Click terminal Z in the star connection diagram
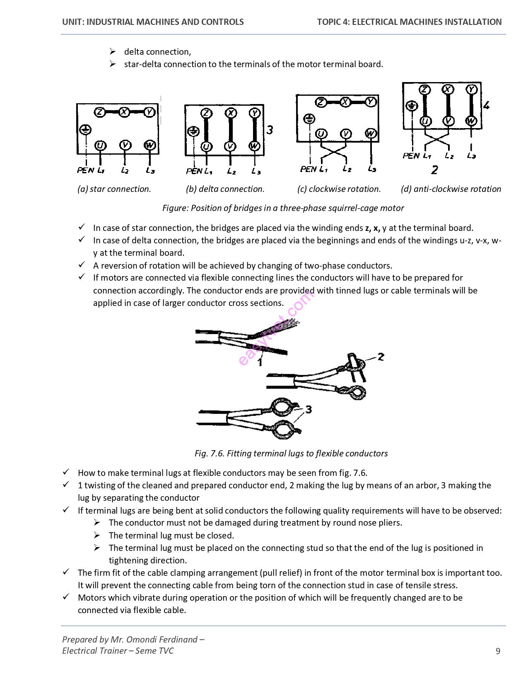99,112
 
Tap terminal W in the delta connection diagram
254,146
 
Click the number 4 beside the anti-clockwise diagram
486,105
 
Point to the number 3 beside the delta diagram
270,130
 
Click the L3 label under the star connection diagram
150,170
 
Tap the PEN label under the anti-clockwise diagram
411,156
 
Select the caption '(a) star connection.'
114,189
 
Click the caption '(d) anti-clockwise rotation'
451,189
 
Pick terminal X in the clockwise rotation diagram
345,102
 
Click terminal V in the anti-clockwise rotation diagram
448,121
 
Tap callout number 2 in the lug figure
381,357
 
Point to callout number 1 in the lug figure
260,362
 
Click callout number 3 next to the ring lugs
308,410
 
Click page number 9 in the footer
498,651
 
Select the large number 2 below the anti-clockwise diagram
434,170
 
